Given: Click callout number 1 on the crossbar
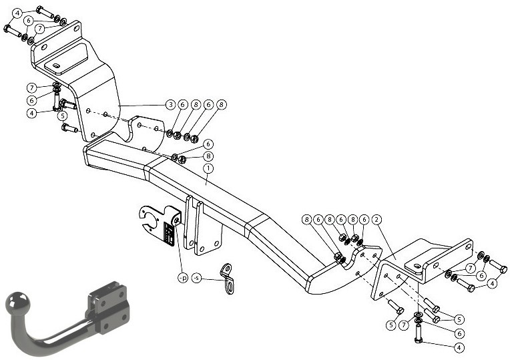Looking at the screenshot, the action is pos(208,168).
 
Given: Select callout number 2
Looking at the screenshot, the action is pos(376,220).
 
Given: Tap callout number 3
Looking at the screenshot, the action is pos(170,105).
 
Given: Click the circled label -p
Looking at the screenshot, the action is pos(183,278).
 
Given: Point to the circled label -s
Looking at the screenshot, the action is pos(197,278).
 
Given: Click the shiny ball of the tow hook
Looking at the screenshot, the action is pos(17,302).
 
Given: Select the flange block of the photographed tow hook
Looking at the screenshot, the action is pos(108,307).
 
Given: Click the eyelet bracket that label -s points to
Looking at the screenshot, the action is pos(228,279).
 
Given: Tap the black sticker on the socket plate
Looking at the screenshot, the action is pos(170,233).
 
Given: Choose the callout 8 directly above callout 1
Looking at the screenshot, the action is pos(208,156).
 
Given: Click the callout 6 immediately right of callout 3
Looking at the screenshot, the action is pos(183,105).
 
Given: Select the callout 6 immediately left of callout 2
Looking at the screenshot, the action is pos(364,220).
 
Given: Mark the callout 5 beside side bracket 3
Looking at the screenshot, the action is pos(63,116).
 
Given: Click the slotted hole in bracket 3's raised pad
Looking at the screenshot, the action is pos(57,66).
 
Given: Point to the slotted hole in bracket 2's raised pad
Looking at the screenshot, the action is pos(417,266).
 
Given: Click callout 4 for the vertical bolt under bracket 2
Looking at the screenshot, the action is pos(459,347).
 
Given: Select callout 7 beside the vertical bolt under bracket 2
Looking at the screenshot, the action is pos(404,325).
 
